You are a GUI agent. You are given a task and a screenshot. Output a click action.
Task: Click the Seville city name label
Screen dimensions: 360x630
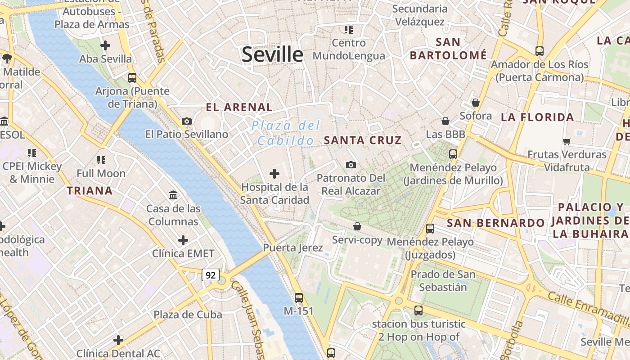click(273, 54)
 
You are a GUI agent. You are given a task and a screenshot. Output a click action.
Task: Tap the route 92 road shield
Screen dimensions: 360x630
click(210, 274)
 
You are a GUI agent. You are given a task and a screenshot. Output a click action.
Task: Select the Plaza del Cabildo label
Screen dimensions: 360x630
click(286, 133)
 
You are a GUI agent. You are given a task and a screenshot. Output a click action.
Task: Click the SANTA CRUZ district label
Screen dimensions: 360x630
click(362, 140)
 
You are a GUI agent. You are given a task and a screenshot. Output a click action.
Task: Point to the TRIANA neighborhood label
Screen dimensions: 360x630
click(90, 191)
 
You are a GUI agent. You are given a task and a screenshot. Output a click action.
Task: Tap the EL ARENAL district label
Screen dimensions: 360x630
click(239, 108)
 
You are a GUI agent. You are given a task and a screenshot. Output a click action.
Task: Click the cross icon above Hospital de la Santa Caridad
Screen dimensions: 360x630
click(274, 173)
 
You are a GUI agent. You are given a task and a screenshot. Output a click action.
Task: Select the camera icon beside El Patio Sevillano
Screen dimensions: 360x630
click(187, 121)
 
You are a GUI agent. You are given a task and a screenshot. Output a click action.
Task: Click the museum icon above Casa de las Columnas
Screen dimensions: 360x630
click(173, 195)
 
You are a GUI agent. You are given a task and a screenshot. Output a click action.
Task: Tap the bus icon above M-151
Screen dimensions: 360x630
click(299, 297)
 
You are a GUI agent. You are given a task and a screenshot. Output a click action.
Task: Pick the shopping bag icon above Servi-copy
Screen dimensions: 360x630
click(357, 226)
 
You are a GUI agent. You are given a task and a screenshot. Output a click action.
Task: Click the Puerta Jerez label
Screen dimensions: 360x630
click(293, 248)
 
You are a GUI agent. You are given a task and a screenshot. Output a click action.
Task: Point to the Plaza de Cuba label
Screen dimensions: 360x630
click(188, 315)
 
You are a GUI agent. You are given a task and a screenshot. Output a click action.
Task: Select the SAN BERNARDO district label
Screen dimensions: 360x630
click(495, 223)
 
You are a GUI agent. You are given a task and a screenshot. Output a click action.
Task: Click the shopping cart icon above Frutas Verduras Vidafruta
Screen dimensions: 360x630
click(567, 141)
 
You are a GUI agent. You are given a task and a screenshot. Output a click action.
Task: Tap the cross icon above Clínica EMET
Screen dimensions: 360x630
click(183, 240)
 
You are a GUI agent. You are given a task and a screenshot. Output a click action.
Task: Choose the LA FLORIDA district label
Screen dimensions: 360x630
click(537, 117)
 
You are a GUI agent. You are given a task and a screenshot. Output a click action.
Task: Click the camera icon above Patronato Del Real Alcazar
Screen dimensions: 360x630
click(351, 165)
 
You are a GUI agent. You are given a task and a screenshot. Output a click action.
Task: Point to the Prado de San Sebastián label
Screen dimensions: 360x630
click(443, 281)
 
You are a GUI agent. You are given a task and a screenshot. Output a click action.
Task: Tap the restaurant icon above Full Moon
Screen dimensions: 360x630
click(101, 160)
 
